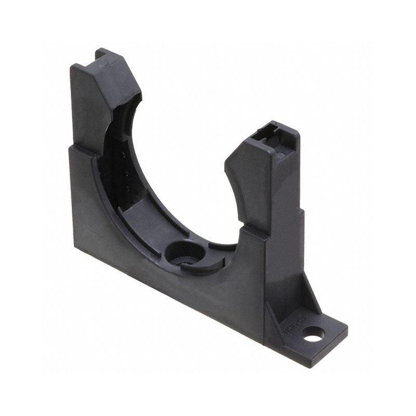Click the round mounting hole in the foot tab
tap(314, 336)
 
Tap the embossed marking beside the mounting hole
tap(294, 330)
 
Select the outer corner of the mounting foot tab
tap(346, 328)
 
